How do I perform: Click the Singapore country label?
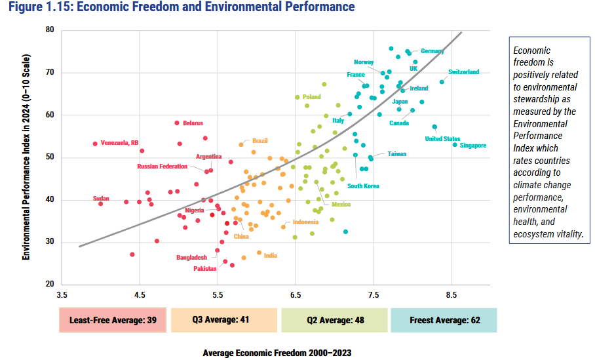point(473,146)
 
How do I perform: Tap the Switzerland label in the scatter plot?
point(464,72)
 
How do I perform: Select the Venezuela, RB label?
point(120,143)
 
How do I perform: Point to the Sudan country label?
point(101,199)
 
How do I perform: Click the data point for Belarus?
point(177,123)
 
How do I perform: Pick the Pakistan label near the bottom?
point(206,269)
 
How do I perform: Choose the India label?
point(270,255)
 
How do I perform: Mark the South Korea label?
point(363,186)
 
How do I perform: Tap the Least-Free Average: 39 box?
point(112,320)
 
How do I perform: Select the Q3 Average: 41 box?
point(224,320)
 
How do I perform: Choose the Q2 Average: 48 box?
point(334,320)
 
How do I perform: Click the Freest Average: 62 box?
point(444,320)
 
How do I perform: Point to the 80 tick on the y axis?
point(50,30)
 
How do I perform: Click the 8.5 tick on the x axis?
point(451,296)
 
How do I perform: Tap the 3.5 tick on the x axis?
point(62,296)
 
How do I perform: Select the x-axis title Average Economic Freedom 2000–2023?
point(277,353)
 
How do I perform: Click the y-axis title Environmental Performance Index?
point(27,157)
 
